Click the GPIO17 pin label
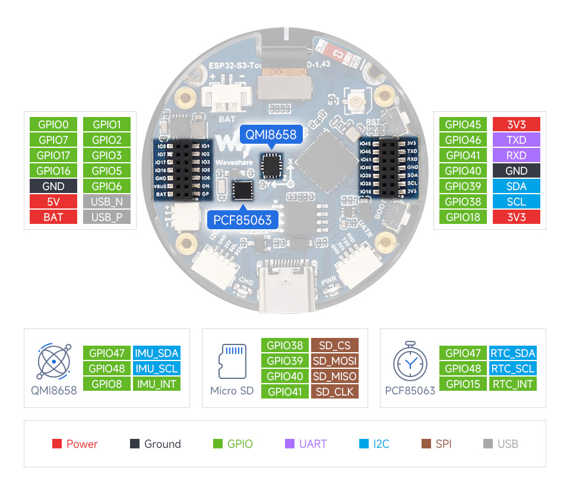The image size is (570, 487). pos(53,156)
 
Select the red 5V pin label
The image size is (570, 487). pos(53,202)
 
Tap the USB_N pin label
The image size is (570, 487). pos(107,202)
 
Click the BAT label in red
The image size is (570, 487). pos(53,217)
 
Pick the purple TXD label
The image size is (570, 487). pos(517,140)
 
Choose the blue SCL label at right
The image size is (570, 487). pos(517,202)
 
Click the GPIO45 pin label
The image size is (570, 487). pos(463,125)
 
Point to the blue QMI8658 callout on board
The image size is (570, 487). pos(271,135)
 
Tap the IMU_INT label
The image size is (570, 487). pos(157,384)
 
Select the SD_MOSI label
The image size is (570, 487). pos(335,361)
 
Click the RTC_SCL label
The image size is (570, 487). pos(513,368)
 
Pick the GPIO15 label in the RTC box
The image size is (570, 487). pos(463,384)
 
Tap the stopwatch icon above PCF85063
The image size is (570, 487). pos(410,362)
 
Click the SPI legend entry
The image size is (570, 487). pos(437,444)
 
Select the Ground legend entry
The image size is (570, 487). pos(156,444)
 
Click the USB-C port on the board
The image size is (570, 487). pos(285,291)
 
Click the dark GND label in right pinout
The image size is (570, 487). pos(517,171)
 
